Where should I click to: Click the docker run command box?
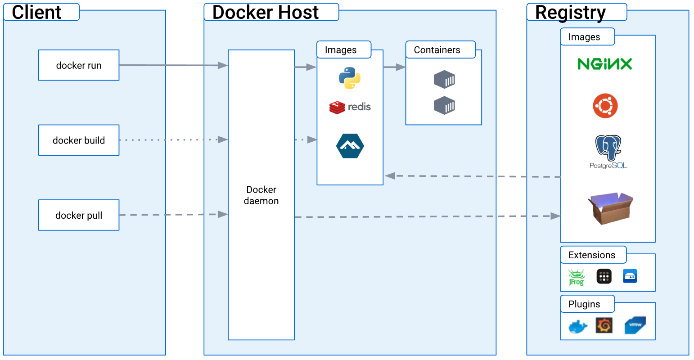tap(79, 65)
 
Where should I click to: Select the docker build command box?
tap(79, 140)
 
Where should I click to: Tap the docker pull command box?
tap(79, 215)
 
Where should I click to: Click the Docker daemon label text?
tap(261, 195)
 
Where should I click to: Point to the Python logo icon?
tap(350, 78)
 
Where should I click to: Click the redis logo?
tap(350, 107)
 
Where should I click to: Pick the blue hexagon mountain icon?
tap(350, 146)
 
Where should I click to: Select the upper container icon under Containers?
tap(444, 80)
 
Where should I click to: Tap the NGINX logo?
tap(604, 64)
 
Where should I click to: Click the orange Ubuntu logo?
tap(605, 106)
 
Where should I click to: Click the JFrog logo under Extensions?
tap(576, 277)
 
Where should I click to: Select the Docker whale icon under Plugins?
tap(578, 326)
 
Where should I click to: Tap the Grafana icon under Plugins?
tap(604, 325)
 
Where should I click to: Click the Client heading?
tap(36, 12)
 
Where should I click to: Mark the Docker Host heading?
tap(265, 12)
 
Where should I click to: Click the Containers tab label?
tap(437, 50)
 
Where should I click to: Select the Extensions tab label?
tap(591, 255)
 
